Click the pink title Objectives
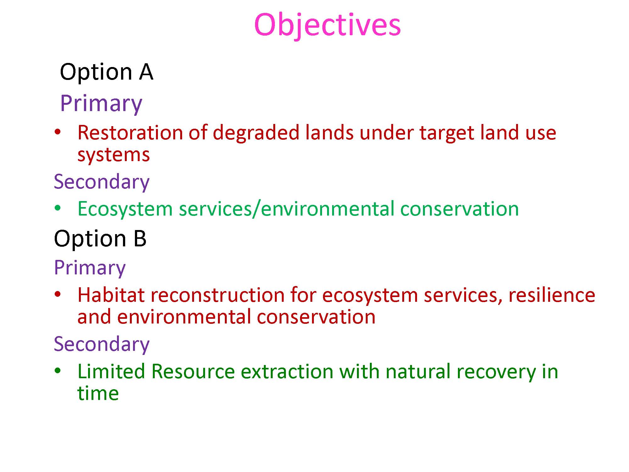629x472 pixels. [x=327, y=25]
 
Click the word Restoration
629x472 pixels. [x=130, y=132]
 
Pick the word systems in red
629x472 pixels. [x=114, y=155]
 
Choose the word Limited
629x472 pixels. [x=111, y=371]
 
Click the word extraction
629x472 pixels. [x=287, y=372]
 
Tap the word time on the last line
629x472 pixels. [x=98, y=393]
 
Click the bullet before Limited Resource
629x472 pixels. [x=57, y=371]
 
